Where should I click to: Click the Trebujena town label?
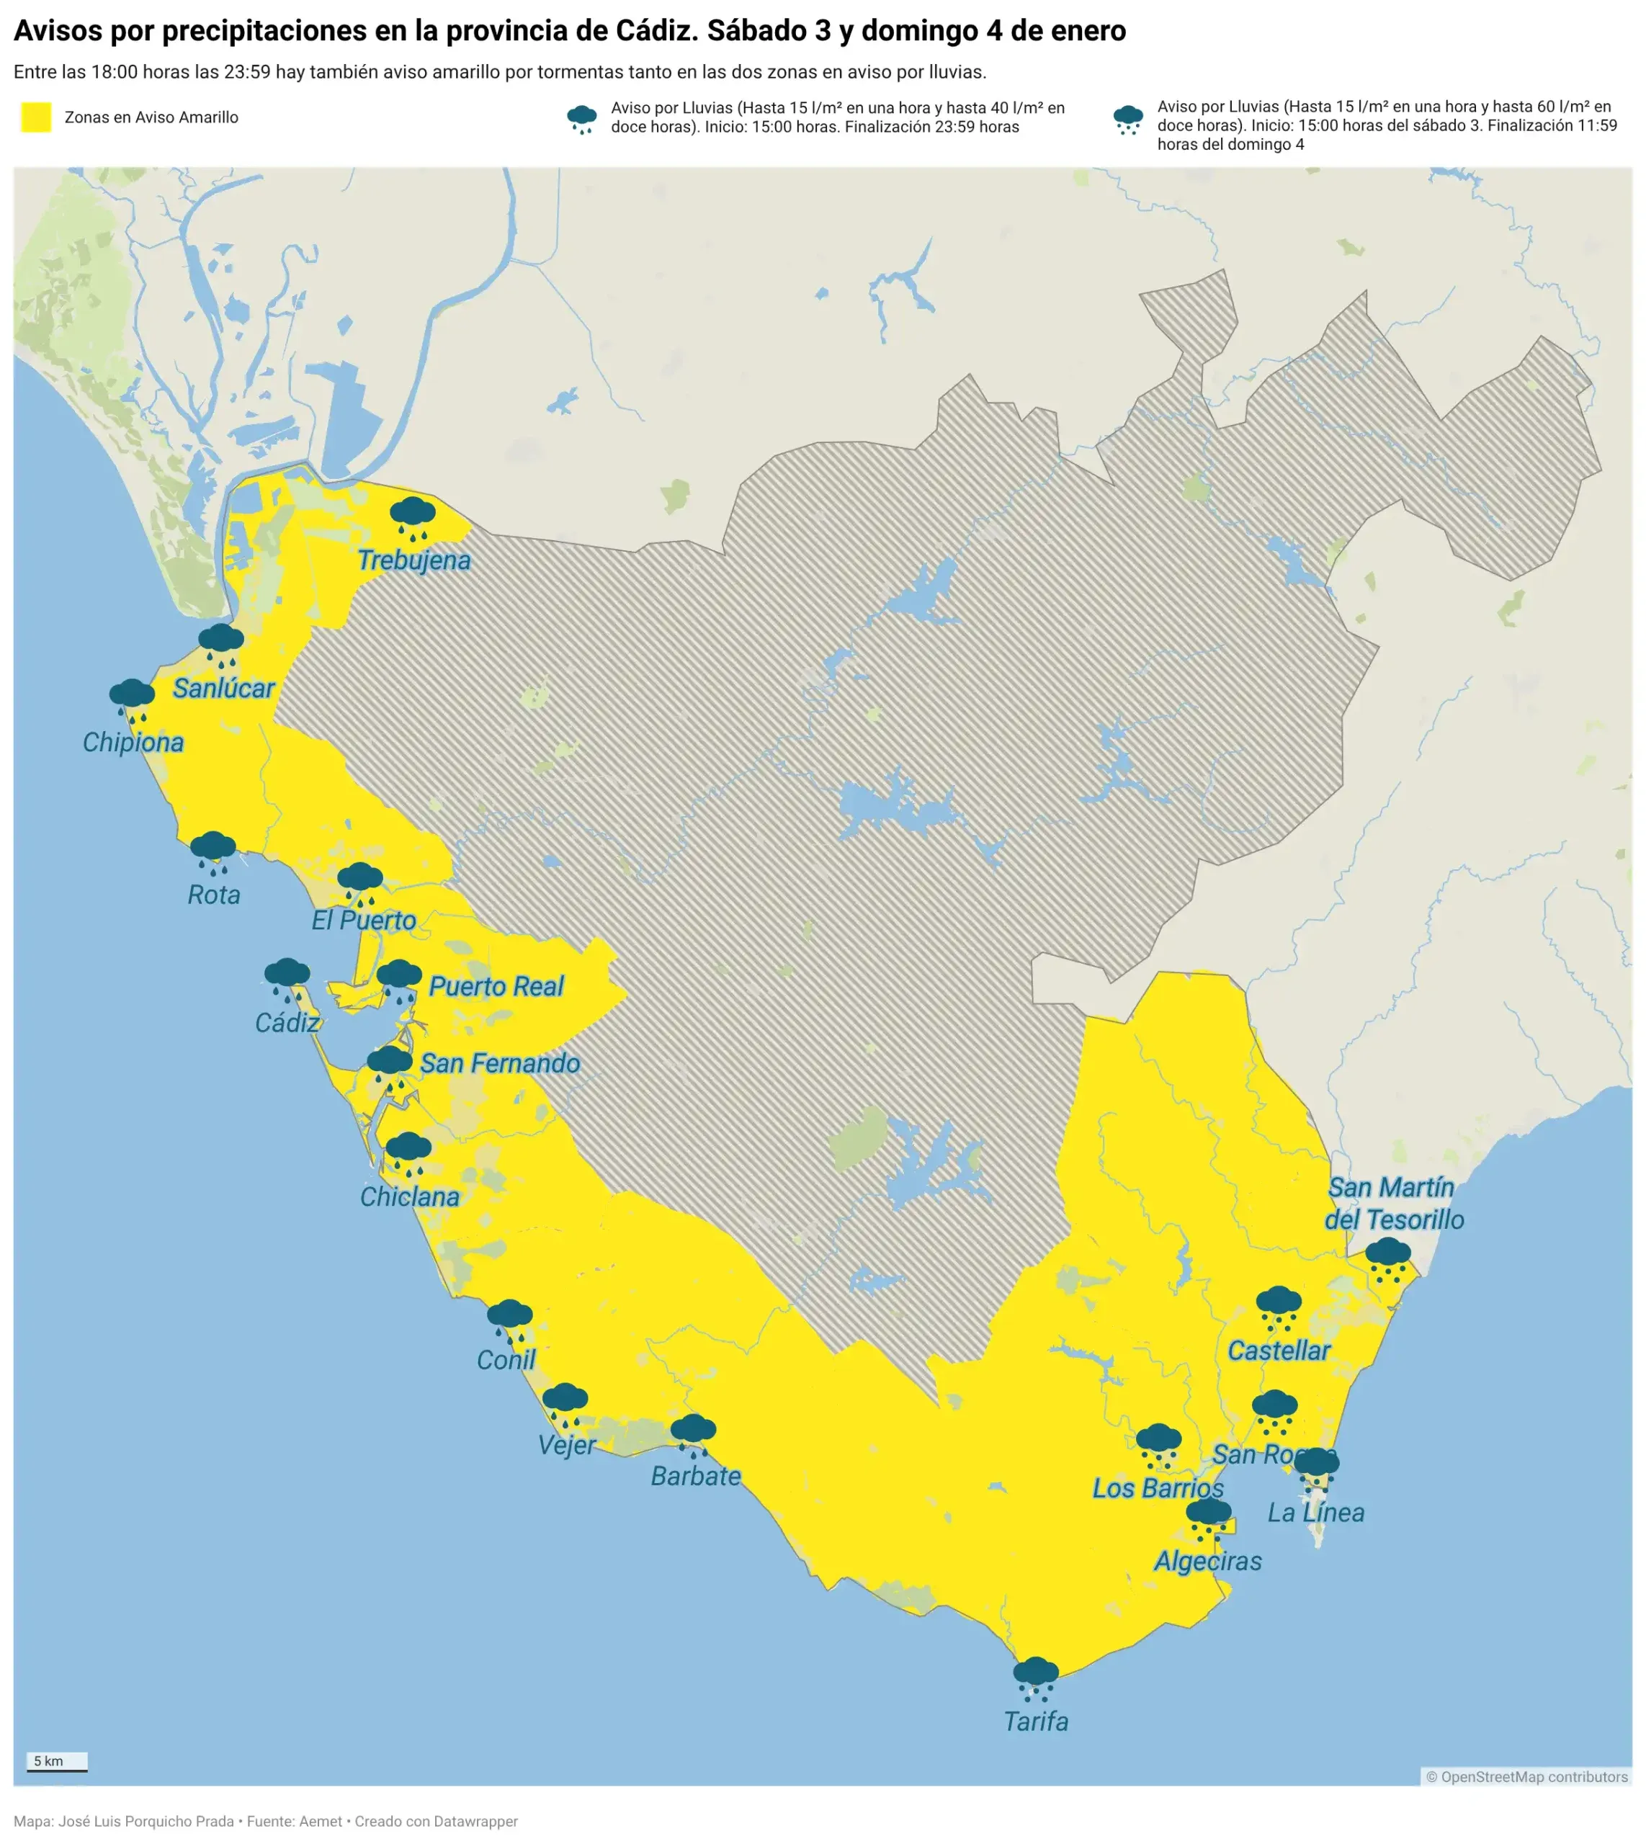click(413, 560)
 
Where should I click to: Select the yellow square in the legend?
click(36, 117)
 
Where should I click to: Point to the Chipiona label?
click(133, 743)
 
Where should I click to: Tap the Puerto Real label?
click(496, 986)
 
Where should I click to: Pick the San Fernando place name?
click(499, 1062)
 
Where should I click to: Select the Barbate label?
click(695, 1476)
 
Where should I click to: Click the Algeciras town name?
click(1207, 1561)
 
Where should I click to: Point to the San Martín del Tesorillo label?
click(1394, 1204)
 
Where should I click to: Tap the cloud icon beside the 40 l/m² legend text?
click(581, 118)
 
